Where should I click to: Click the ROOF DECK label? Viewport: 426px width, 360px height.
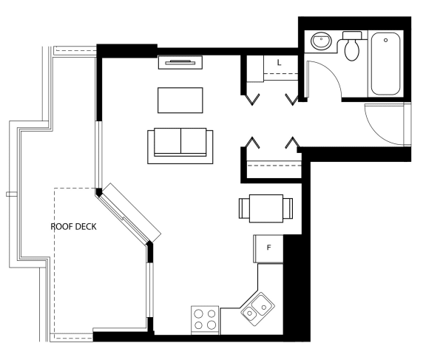(x=73, y=227)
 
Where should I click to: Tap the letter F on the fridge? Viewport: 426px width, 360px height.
(x=268, y=248)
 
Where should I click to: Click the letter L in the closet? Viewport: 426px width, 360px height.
(x=279, y=63)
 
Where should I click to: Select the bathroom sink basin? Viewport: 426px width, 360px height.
(x=321, y=41)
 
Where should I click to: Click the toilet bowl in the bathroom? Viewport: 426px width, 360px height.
(x=352, y=50)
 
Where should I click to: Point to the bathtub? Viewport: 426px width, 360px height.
(x=385, y=64)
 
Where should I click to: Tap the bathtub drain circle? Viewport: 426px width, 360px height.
(x=385, y=40)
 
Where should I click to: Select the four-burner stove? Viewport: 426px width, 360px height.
(x=205, y=320)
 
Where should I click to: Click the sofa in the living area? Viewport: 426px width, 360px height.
(x=180, y=146)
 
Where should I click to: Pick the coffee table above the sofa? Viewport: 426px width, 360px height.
(x=180, y=101)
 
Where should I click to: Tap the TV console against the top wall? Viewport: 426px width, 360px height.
(x=180, y=62)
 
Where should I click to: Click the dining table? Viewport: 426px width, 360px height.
(x=266, y=208)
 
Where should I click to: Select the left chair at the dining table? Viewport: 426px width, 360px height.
(x=244, y=208)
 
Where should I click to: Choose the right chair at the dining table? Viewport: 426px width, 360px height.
(x=288, y=208)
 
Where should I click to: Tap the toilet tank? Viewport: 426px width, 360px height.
(x=352, y=35)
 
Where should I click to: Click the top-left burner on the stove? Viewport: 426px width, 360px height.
(x=199, y=314)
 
